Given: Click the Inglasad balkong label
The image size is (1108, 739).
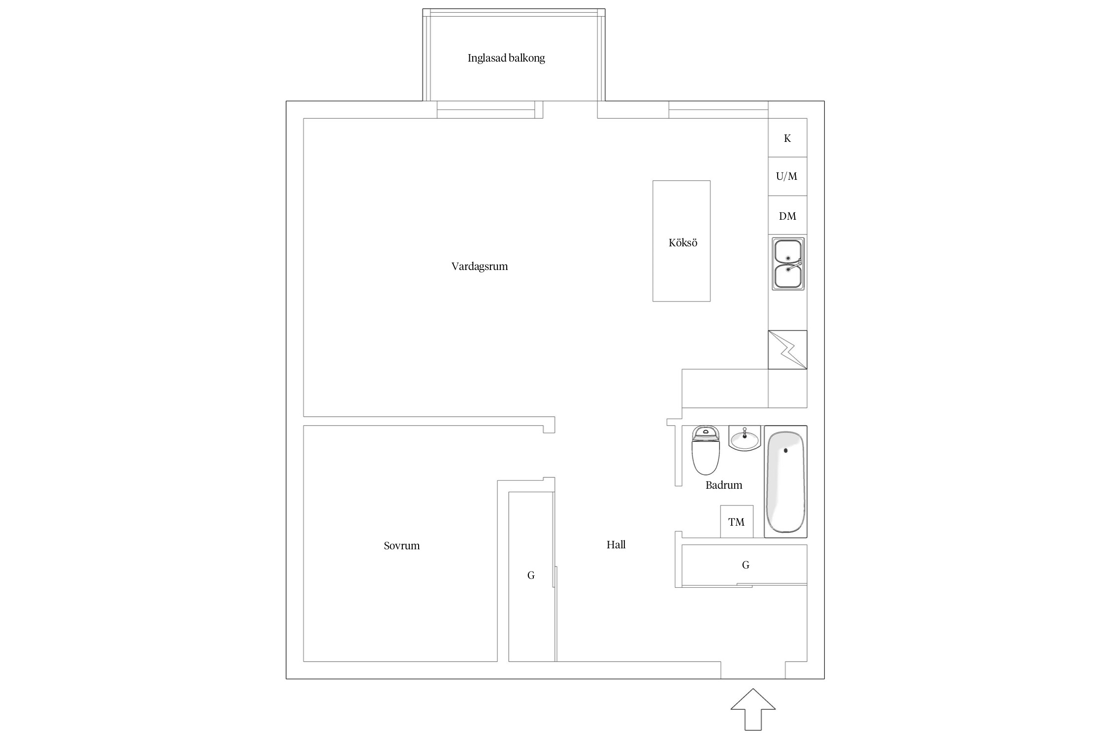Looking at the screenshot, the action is tap(506, 58).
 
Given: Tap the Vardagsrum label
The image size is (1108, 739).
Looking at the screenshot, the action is tap(480, 267).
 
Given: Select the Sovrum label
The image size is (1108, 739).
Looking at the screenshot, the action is tap(402, 546).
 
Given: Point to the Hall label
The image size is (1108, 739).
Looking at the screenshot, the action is tap(616, 544).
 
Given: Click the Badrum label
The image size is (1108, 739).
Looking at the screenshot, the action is tap(724, 485).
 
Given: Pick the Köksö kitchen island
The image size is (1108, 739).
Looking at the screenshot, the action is tap(682, 241).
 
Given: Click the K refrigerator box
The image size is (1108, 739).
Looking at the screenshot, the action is tap(787, 138).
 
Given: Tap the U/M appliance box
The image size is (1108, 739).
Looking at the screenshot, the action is tap(787, 176).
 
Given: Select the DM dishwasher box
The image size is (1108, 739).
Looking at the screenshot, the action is tap(787, 215).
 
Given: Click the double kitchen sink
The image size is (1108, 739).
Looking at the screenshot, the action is tap(788, 264).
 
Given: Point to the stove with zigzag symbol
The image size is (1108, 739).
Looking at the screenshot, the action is tap(787, 349).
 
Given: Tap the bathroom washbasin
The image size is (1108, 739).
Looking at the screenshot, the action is tap(745, 438).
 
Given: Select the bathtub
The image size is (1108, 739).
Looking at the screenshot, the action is tap(785, 482).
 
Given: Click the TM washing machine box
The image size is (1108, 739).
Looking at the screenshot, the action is tap(737, 522).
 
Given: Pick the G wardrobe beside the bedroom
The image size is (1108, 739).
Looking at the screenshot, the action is tap(531, 576).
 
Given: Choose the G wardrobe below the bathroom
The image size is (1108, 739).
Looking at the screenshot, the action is tap(744, 565).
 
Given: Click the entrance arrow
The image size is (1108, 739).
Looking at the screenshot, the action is tap(753, 709).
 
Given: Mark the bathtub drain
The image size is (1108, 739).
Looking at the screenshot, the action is tap(785, 450).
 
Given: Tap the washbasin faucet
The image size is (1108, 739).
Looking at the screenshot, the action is tap(745, 433).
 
